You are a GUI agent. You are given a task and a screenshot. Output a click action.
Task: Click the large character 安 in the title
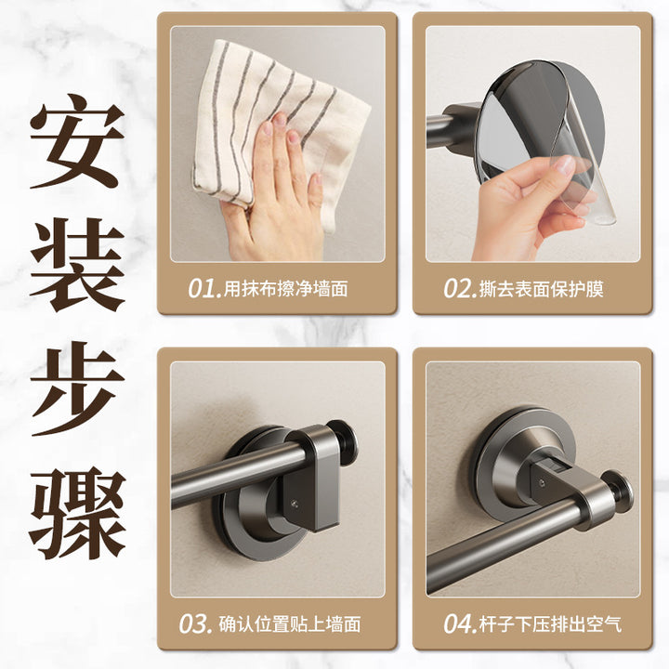(77, 141)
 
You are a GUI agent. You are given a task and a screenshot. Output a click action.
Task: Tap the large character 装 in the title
(77, 265)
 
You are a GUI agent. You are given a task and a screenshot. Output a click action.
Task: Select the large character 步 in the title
(77, 388)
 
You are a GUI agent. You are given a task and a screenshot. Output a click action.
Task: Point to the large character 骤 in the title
(77, 512)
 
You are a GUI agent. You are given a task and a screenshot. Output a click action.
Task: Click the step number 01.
(205, 289)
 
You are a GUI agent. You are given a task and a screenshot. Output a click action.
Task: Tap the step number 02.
(460, 289)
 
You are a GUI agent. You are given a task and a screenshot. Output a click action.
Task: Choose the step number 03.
(195, 624)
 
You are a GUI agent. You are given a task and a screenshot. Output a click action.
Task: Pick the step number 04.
(460, 624)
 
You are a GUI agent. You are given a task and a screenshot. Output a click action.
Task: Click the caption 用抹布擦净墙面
(286, 289)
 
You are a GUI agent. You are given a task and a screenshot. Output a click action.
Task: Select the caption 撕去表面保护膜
(541, 289)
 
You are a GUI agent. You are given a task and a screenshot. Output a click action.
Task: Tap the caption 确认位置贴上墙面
(290, 624)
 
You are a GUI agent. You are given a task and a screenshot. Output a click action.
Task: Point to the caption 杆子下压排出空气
(550, 624)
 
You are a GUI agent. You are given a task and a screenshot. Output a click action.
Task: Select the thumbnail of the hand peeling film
(533, 144)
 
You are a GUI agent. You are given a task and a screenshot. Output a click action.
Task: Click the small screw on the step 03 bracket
(295, 504)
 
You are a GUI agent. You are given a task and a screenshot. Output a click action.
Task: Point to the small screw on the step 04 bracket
(542, 482)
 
